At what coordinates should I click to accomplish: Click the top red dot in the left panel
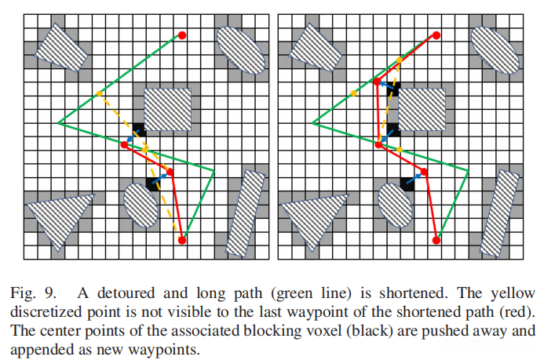click(x=182, y=35)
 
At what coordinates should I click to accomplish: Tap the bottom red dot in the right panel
click(x=436, y=240)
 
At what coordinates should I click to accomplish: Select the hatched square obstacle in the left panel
click(x=167, y=110)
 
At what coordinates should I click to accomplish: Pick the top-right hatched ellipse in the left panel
click(x=241, y=50)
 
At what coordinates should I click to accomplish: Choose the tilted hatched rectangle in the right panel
click(x=499, y=213)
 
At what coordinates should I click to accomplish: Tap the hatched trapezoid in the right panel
click(x=314, y=48)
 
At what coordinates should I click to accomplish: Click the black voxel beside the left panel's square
click(x=139, y=129)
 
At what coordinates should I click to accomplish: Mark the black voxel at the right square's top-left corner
click(x=393, y=89)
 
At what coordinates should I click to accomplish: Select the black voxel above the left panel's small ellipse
click(x=152, y=184)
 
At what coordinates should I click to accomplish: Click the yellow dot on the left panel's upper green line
click(x=100, y=93)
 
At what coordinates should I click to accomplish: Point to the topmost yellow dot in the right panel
click(x=400, y=60)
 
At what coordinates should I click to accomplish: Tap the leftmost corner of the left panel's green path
click(x=58, y=122)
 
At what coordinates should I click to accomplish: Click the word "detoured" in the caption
click(x=126, y=293)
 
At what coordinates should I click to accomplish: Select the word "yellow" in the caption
click(x=513, y=294)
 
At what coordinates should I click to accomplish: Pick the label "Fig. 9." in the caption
click(x=33, y=293)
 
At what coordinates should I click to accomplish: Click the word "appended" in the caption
click(x=38, y=349)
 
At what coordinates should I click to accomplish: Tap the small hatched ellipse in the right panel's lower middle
click(x=395, y=205)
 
